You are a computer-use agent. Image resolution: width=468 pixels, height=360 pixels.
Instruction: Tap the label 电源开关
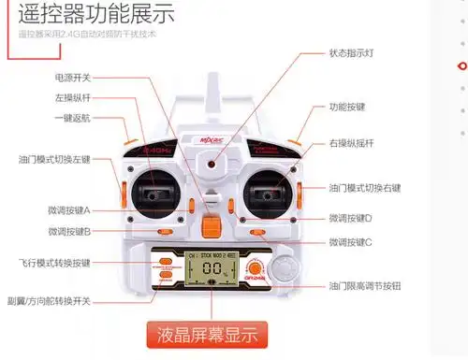(72, 78)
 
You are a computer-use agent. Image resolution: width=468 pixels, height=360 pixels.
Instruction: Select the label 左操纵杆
(72, 98)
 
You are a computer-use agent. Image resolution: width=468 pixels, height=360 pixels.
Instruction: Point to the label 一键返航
(72, 119)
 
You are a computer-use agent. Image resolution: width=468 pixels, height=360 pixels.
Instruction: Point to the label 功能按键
(346, 108)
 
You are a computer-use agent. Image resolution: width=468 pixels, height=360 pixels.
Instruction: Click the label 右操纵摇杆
(351, 143)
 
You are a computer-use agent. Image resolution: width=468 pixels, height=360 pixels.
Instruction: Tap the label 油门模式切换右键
(365, 188)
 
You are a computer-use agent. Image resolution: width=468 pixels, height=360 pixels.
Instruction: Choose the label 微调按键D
(351, 218)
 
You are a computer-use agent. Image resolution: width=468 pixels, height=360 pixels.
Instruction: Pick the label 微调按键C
(351, 242)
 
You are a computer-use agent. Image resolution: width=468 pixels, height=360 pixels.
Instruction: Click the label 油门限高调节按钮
(365, 285)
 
